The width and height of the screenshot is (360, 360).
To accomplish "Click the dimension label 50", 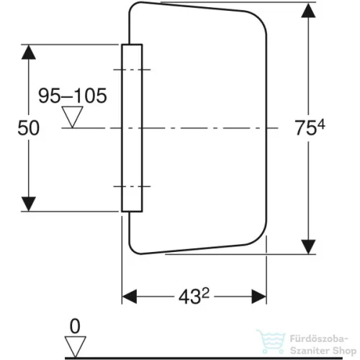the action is click(x=29, y=128).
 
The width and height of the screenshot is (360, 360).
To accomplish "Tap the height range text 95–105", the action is click(x=73, y=96).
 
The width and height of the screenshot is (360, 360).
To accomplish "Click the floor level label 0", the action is click(x=75, y=326).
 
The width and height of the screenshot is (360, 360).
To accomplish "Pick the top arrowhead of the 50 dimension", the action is click(x=29, y=53).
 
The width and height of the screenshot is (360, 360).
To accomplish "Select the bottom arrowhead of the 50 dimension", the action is click(x=29, y=204).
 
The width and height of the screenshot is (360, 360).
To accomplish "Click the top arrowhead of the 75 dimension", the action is click(x=308, y=10).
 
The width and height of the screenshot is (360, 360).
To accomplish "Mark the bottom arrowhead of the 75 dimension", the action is click(x=308, y=247).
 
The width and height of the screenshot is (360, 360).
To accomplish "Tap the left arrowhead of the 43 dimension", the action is click(x=130, y=297).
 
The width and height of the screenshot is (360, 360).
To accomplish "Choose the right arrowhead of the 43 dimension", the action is click(x=258, y=297).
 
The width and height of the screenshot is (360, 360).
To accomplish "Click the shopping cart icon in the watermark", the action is click(x=271, y=342).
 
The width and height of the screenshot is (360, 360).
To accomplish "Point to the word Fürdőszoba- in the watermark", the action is click(x=319, y=339).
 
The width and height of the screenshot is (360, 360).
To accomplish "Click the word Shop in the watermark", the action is click(x=344, y=351).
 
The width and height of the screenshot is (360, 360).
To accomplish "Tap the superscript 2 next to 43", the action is click(x=205, y=293).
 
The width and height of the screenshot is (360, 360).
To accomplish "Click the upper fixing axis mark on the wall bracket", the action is click(x=132, y=70).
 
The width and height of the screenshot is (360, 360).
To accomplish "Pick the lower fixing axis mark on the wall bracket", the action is click(x=132, y=186).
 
